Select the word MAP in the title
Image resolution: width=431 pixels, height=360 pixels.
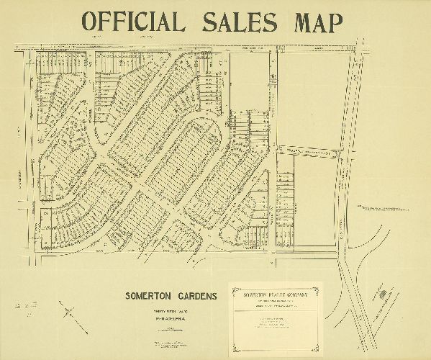314,22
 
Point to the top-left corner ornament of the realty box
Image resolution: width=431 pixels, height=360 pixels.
230,287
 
